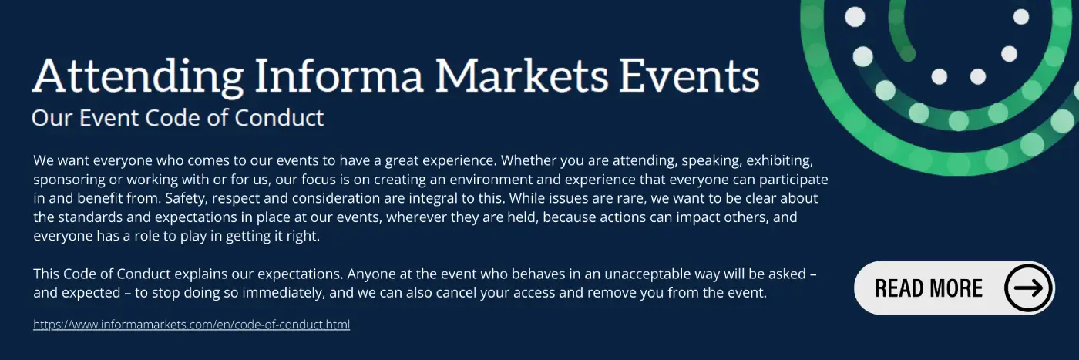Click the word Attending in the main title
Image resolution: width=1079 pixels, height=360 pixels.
138,77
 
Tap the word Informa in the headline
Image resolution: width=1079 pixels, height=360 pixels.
338,76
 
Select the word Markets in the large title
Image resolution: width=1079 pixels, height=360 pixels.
522,76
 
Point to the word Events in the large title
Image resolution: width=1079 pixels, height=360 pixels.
689,76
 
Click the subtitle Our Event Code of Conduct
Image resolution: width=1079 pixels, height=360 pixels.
178,118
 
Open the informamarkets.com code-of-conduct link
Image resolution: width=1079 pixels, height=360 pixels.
192,325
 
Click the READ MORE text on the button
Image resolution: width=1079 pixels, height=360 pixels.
928,288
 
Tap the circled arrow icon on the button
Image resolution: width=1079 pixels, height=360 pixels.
1028,288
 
